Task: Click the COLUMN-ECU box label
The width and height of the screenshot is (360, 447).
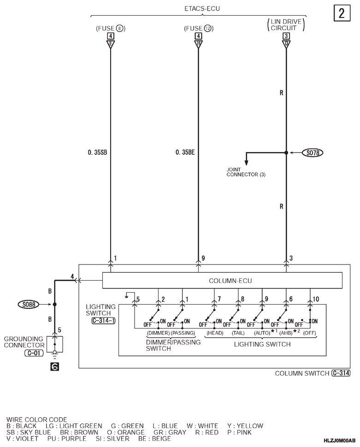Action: [230, 281]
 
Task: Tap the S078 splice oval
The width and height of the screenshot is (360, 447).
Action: [313, 153]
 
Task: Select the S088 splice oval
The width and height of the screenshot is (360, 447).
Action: [29, 305]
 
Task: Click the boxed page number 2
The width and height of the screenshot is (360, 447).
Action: [342, 13]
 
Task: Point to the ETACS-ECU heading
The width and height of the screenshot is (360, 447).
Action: [202, 9]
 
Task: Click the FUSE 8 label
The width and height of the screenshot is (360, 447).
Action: [111, 29]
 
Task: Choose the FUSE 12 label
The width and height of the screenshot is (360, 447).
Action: [199, 29]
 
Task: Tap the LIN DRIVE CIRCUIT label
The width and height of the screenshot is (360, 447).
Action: [286, 25]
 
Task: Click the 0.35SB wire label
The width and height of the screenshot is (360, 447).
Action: [97, 153]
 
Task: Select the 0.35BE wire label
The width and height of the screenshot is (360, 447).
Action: [185, 153]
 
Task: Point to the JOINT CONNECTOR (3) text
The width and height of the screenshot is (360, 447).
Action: [246, 172]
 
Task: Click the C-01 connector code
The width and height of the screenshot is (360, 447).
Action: [34, 353]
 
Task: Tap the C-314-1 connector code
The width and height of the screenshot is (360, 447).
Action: [104, 320]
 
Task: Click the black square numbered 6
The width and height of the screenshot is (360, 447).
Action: [54, 367]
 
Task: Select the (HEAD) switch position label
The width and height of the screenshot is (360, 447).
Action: [215, 333]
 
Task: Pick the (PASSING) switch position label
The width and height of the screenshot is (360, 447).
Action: [183, 333]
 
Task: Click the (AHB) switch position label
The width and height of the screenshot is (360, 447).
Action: [286, 333]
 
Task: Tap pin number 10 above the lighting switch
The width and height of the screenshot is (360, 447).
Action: [316, 299]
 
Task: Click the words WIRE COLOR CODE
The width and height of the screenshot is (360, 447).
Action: [37, 420]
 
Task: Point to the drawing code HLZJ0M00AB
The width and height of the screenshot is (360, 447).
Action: [340, 441]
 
